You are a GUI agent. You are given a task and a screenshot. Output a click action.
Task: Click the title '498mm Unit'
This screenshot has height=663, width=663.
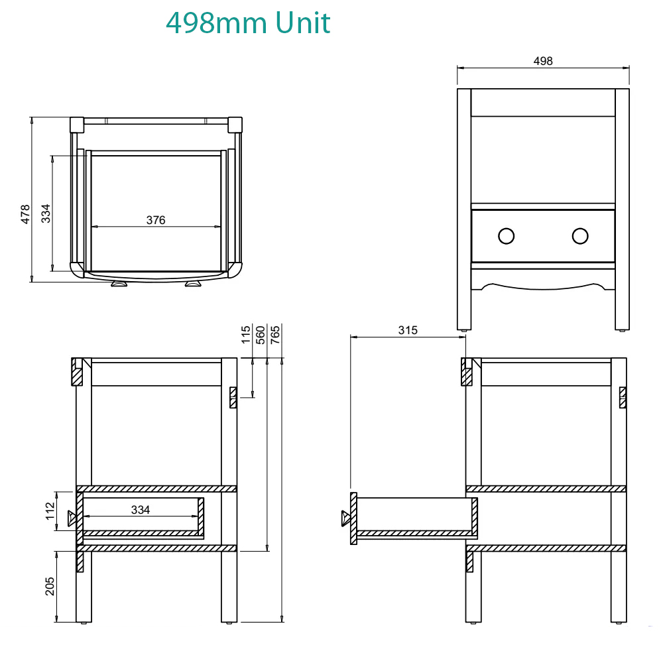tap(248, 23)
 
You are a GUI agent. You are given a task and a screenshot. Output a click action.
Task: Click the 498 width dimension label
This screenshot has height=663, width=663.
tap(543, 61)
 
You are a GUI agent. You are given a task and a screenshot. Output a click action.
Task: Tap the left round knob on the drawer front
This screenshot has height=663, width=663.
tap(506, 236)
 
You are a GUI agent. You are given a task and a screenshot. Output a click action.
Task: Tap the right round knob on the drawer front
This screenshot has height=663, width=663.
tap(580, 236)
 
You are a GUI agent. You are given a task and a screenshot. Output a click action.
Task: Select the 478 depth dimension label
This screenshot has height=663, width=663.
tap(25, 214)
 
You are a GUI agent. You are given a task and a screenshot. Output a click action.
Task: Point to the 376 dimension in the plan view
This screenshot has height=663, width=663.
tap(156, 220)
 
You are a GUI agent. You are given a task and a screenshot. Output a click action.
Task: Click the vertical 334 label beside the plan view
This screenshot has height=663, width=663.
tap(45, 213)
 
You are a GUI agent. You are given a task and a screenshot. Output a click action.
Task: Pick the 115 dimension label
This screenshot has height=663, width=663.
tap(246, 334)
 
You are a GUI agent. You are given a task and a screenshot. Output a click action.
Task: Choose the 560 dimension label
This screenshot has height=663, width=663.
tap(261, 334)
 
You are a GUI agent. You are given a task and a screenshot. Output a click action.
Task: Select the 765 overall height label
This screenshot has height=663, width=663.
tap(275, 334)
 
